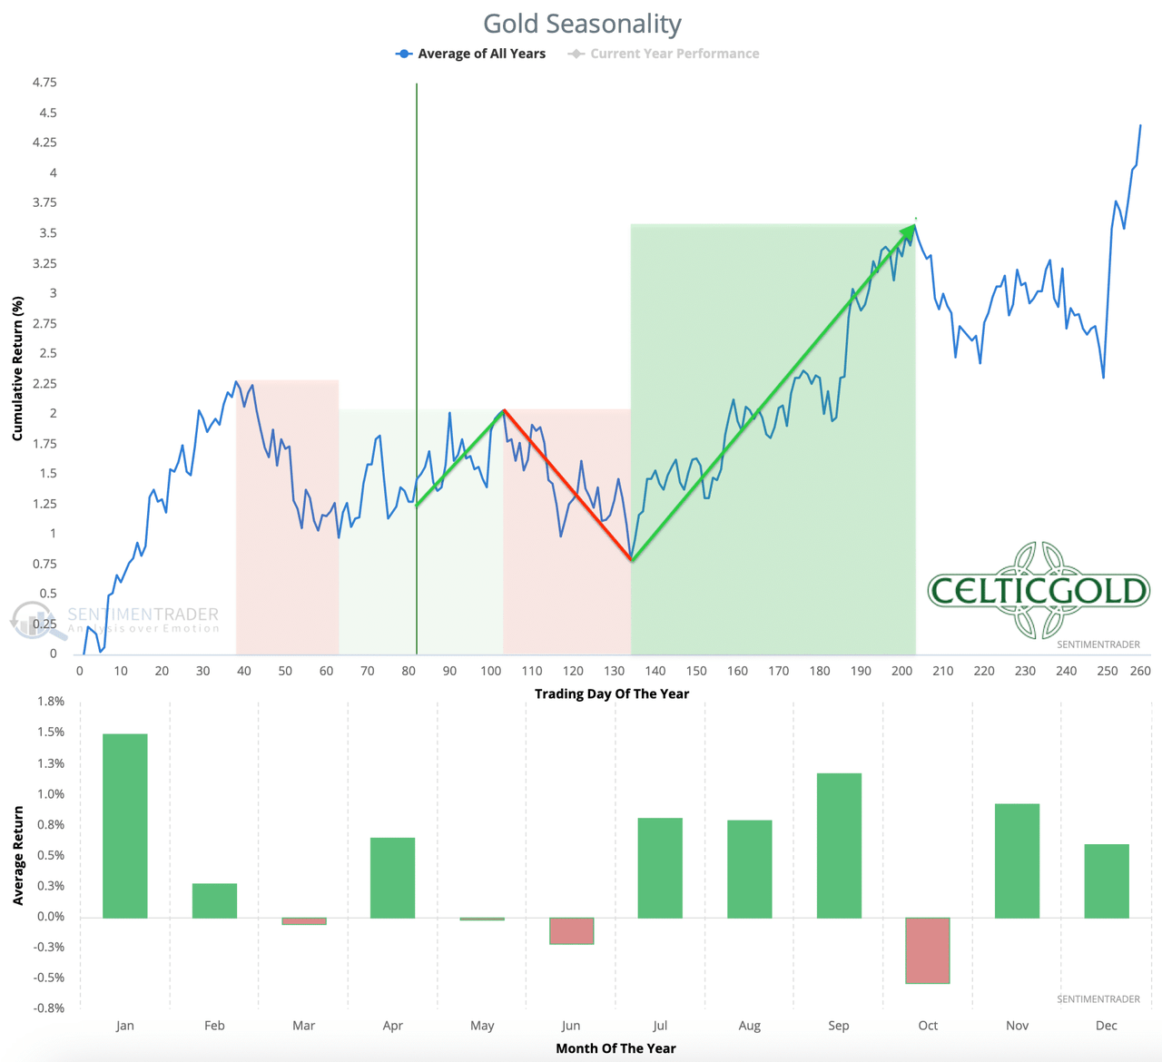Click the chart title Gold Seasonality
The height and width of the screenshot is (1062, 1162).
click(582, 24)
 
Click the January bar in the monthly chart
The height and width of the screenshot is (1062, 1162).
click(125, 825)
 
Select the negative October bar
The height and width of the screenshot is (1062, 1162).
click(928, 950)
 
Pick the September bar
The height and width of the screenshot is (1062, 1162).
click(839, 845)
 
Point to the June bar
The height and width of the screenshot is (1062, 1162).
click(571, 931)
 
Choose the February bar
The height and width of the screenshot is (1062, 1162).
click(214, 900)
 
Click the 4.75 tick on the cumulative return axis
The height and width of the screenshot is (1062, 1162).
click(44, 83)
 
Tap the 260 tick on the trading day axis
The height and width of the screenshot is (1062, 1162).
click(1140, 671)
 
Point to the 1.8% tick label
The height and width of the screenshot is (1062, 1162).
click(51, 702)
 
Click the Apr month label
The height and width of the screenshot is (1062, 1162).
click(393, 1026)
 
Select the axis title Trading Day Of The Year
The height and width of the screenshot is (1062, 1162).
click(612, 693)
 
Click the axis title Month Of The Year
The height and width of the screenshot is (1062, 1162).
click(615, 1048)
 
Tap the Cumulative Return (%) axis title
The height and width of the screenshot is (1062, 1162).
click(17, 369)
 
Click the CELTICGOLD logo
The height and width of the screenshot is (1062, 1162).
click(1039, 591)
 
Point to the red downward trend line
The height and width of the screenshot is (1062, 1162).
click(567, 486)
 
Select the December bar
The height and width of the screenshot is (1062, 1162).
click(1107, 880)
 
